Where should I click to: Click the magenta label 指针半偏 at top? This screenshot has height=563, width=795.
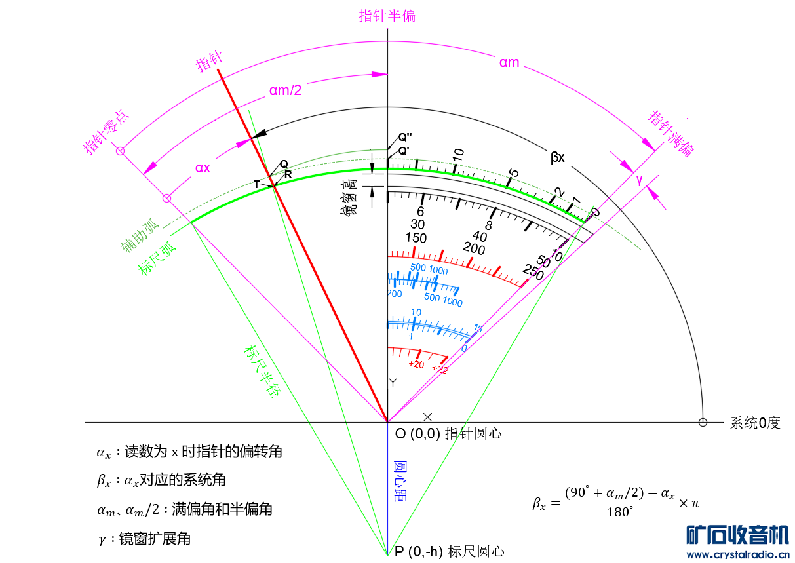pos(387,16)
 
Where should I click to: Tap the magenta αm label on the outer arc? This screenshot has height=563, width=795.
pos(509,63)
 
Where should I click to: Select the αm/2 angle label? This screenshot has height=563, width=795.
pos(285,90)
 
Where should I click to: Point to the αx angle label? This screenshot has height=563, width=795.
pos(203,168)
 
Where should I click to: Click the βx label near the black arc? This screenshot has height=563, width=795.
pos(558,157)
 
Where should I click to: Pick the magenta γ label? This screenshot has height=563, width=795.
pos(640,180)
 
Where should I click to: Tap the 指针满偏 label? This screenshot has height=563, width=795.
pos(670,134)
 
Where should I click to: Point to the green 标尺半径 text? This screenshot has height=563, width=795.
pos(262,372)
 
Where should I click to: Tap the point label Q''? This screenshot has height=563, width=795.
pos(405,138)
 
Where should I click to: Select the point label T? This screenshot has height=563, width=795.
pos(257,185)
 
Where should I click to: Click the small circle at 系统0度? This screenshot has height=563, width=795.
pos(703,423)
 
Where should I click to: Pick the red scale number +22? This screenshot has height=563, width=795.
pos(440,370)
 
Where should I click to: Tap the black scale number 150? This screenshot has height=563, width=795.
pos(416,237)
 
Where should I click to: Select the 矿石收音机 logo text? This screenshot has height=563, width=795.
pos(737,534)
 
